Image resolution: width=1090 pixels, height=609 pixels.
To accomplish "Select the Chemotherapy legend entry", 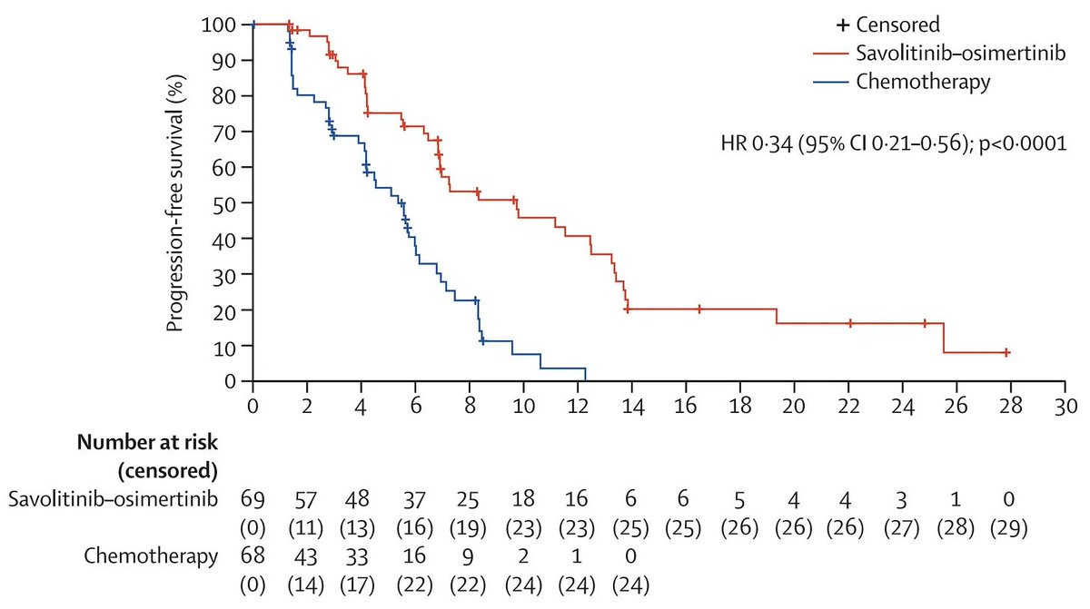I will (x=923, y=82).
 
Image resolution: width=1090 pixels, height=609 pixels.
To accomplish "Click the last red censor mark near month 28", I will (x=1006, y=352).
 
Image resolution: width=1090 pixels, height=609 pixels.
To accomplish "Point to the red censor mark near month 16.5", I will (x=699, y=309).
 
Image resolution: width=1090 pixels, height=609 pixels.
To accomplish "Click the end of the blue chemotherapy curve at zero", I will (x=585, y=379).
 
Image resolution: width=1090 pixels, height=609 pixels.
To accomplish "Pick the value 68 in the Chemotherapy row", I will (x=253, y=557).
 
